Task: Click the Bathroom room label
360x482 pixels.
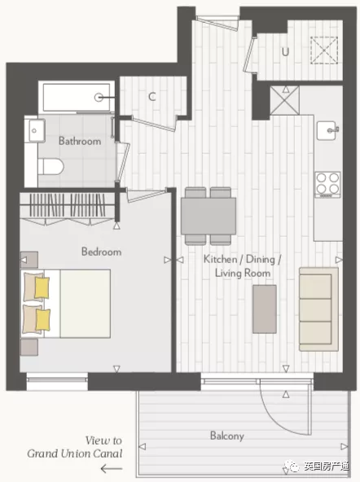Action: [x=80, y=141]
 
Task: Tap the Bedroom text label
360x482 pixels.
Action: [x=101, y=252]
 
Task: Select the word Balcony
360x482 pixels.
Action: [x=227, y=436]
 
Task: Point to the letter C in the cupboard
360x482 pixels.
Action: [x=151, y=97]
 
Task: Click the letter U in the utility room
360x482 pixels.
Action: [x=285, y=51]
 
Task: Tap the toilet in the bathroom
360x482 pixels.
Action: [x=50, y=167]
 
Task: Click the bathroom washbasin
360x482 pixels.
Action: [x=37, y=130]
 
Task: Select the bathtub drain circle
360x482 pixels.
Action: [x=99, y=98]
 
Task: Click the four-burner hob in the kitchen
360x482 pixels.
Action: [x=327, y=185]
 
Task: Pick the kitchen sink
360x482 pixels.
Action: [x=327, y=130]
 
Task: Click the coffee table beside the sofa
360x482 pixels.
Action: [x=265, y=309]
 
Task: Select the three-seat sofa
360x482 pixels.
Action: [x=318, y=309]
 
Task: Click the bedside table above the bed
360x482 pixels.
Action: [x=29, y=260]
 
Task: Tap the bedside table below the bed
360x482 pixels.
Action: [x=29, y=348]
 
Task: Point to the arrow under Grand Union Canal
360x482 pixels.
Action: [x=112, y=469]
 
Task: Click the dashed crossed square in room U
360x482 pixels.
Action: [x=324, y=50]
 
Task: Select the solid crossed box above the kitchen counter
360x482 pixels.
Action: [x=285, y=100]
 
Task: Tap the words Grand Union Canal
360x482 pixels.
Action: [x=75, y=454]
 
